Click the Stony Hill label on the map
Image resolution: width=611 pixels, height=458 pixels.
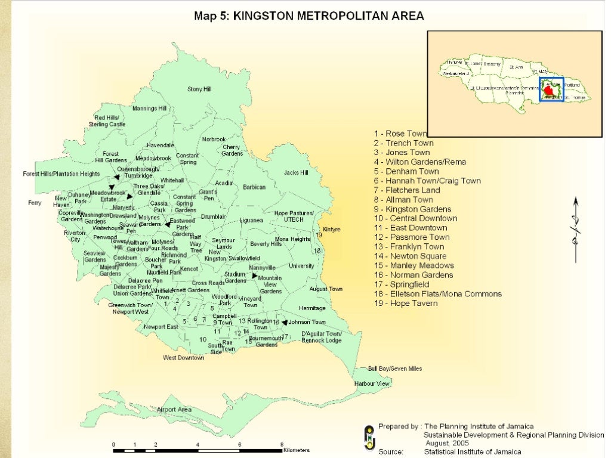coord(199,89)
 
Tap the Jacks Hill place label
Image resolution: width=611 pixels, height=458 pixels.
coord(296,173)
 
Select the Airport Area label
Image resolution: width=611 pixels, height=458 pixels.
coord(174,410)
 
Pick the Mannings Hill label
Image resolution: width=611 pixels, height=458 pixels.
coord(149,109)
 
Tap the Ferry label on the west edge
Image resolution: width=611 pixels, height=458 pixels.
coord(35,203)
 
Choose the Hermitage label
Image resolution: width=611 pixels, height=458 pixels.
coord(312,308)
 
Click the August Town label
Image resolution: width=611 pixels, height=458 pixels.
coord(326,289)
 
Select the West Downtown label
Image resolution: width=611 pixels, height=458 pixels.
coord(184,358)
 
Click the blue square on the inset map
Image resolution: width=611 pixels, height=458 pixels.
coord(551,89)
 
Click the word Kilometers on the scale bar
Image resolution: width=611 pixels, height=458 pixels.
coord(297,450)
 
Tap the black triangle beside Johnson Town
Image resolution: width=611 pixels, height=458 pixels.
coord(285,322)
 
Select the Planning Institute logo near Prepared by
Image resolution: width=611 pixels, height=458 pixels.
coord(370,438)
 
